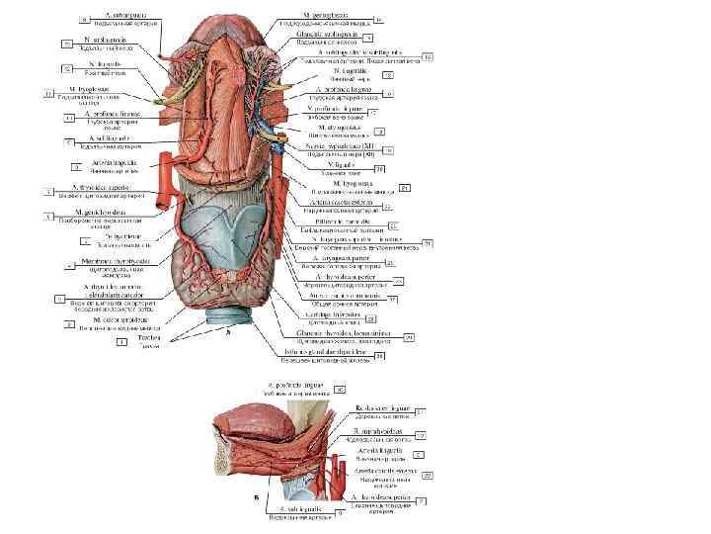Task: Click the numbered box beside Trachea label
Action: (121, 342)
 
